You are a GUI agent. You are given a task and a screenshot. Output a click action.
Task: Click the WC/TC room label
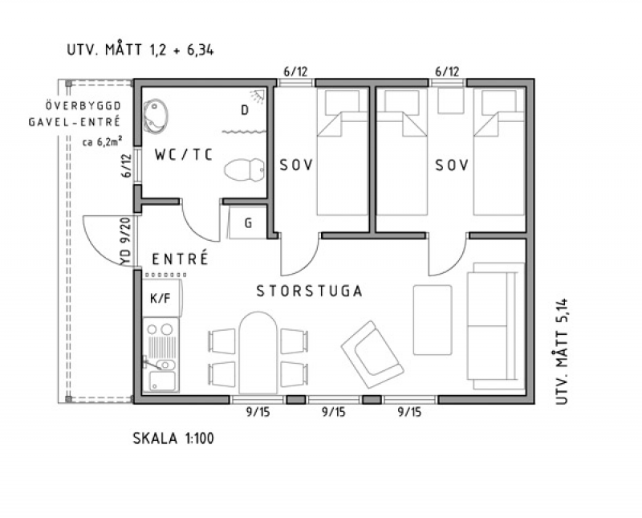click(x=184, y=155)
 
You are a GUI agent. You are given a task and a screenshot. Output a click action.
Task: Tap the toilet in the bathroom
click(x=245, y=169)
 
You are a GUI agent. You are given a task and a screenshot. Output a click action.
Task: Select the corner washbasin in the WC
click(x=155, y=116)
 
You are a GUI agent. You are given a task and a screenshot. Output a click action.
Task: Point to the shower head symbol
click(x=258, y=96)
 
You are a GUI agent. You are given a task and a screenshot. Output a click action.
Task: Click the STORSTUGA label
click(x=310, y=291)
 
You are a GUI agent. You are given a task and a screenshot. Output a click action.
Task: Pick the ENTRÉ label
click(x=180, y=259)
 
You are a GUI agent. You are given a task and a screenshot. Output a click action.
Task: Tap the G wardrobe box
click(x=248, y=222)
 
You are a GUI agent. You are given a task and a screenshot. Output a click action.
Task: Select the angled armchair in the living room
click(x=372, y=354)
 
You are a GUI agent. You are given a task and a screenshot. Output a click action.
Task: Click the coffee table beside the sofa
click(x=433, y=320)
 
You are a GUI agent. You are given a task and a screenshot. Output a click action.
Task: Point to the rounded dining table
click(x=258, y=353)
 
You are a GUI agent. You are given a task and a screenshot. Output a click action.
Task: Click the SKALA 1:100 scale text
click(x=173, y=438)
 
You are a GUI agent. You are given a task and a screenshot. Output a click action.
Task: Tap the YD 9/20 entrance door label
click(x=126, y=242)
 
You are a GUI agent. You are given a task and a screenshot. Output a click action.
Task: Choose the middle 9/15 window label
click(x=334, y=412)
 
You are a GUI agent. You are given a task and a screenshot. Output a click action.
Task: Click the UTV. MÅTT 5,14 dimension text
click(x=563, y=352)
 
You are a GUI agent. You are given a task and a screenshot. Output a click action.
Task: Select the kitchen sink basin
click(x=164, y=381)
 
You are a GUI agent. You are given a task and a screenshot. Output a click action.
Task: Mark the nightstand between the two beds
click(x=451, y=101)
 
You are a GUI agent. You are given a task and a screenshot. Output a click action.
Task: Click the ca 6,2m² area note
click(x=103, y=142)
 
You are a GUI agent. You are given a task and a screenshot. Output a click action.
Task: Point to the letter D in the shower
click(x=245, y=110)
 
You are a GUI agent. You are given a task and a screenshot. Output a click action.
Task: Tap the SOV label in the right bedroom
click(x=452, y=165)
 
